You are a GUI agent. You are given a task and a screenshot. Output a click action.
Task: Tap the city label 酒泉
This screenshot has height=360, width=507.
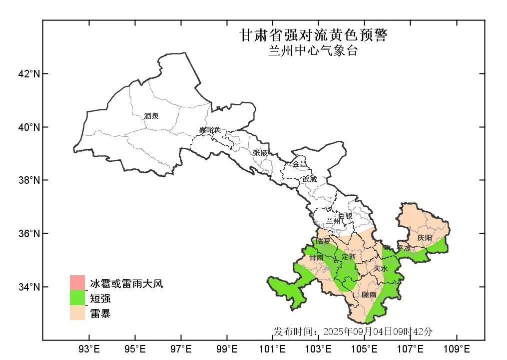(151, 116)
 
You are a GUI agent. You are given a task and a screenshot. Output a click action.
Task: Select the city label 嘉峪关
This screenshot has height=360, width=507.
(209, 130)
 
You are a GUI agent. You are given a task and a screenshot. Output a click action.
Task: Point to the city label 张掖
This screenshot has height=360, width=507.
(260, 153)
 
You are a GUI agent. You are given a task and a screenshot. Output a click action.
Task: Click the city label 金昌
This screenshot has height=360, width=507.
(300, 164)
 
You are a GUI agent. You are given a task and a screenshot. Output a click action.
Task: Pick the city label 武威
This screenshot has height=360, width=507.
(309, 179)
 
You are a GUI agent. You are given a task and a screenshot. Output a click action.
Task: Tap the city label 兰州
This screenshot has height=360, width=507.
(333, 221)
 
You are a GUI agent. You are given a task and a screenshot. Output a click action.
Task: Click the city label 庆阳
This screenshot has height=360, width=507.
(425, 238)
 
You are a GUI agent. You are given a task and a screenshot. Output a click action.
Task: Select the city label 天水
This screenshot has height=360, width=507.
(381, 268)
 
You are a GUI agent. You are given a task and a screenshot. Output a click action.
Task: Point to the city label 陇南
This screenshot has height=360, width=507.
(369, 295)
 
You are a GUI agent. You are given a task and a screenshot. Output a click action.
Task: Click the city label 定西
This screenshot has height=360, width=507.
(349, 257)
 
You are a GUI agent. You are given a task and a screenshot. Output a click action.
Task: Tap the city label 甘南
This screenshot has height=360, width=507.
(316, 258)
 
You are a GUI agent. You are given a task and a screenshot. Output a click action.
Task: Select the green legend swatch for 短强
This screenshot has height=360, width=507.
(77, 298)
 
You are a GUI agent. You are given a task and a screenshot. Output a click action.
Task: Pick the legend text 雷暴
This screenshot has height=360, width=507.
(100, 314)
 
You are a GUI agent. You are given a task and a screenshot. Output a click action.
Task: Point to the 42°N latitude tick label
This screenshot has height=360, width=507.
(28, 74)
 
